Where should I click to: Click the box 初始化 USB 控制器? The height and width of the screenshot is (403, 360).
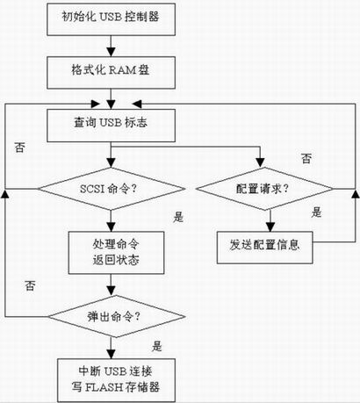coord(112,19)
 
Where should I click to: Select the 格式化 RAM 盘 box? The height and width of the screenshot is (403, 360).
coord(112,73)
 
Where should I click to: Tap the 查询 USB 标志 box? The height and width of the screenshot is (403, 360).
coord(112,126)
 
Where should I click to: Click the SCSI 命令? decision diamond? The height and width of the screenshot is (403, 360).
coord(112,189)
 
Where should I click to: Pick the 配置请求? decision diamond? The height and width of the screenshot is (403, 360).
coord(264,189)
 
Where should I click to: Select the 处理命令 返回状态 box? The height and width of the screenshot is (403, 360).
coord(116,253)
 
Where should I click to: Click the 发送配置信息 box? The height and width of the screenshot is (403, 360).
coord(264,248)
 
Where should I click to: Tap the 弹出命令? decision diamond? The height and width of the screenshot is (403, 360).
coord(116,316)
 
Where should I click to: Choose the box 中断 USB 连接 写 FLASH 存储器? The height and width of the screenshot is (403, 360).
coord(116,380)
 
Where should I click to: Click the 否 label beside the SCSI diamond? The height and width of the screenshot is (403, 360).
coord(19,148)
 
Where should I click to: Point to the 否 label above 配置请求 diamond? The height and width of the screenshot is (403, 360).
coord(306,158)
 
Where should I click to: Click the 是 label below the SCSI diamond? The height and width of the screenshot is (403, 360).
coord(178,217)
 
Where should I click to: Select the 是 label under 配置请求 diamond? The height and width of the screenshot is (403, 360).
coord(316,212)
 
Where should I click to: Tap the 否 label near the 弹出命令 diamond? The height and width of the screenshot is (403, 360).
coord(30,285)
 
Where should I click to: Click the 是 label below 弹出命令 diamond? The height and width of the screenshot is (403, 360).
coord(157,346)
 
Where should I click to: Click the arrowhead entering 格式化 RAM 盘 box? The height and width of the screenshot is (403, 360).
coord(111,52)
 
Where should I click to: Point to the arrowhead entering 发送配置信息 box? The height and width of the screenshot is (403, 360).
coord(270,227)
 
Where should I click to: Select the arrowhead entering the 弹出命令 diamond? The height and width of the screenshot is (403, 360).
coord(111,291)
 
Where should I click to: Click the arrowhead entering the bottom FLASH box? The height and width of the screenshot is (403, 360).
coord(111,354)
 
